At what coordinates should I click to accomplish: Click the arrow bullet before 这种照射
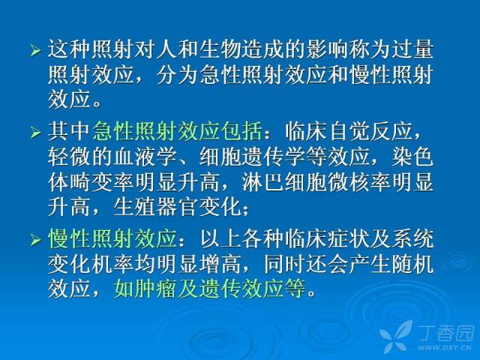(x=35, y=50)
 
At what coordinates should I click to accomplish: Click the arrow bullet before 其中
(x=35, y=132)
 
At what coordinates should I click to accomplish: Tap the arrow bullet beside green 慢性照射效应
(x=35, y=240)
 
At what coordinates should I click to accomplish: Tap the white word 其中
(x=69, y=131)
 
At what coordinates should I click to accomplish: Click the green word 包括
(x=241, y=131)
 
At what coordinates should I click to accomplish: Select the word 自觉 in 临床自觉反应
(x=348, y=131)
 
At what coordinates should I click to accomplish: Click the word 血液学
(x=145, y=157)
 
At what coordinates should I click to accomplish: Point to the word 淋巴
(x=262, y=182)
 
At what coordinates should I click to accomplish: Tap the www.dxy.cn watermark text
(x=444, y=347)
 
